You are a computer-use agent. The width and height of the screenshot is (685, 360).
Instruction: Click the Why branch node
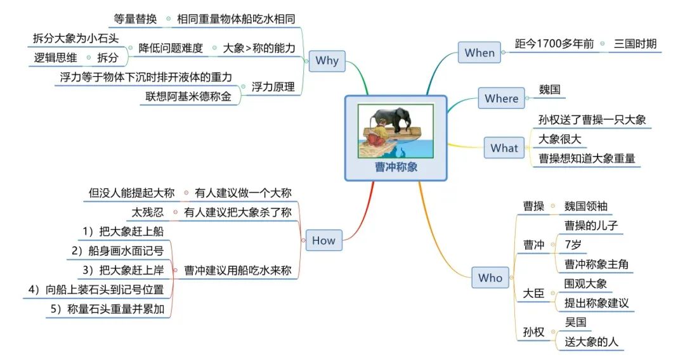pyautogui.click(x=327, y=61)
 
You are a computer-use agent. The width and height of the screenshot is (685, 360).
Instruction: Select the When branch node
pyautogui.click(x=480, y=53)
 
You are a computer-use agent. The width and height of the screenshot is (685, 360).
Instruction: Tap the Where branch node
pyautogui.click(x=501, y=98)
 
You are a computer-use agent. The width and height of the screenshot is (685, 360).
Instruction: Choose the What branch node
pyautogui.click(x=504, y=148)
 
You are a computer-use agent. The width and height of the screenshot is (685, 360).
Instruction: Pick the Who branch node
pyautogui.click(x=490, y=278)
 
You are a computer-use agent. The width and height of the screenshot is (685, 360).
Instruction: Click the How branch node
pyautogui.click(x=323, y=241)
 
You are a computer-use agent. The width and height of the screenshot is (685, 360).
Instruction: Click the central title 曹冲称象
pyautogui.click(x=396, y=168)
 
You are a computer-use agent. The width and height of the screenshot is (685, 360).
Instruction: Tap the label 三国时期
pyautogui.click(x=635, y=44)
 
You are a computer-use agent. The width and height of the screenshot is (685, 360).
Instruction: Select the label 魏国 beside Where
pyautogui.click(x=550, y=89)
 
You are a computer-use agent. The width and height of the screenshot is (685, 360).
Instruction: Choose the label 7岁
pyautogui.click(x=573, y=245)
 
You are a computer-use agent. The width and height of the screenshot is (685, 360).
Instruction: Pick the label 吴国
pyautogui.click(x=575, y=322)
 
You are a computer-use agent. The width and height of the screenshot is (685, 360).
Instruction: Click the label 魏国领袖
pyautogui.click(x=587, y=206)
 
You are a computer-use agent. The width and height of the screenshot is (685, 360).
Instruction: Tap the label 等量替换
pyautogui.click(x=135, y=19)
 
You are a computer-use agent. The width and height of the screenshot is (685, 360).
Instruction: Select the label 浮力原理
pyautogui.click(x=273, y=87)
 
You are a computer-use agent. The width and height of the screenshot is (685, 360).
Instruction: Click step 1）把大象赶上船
pyautogui.click(x=123, y=231)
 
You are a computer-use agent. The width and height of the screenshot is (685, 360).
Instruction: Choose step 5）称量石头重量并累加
pyautogui.click(x=110, y=309)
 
